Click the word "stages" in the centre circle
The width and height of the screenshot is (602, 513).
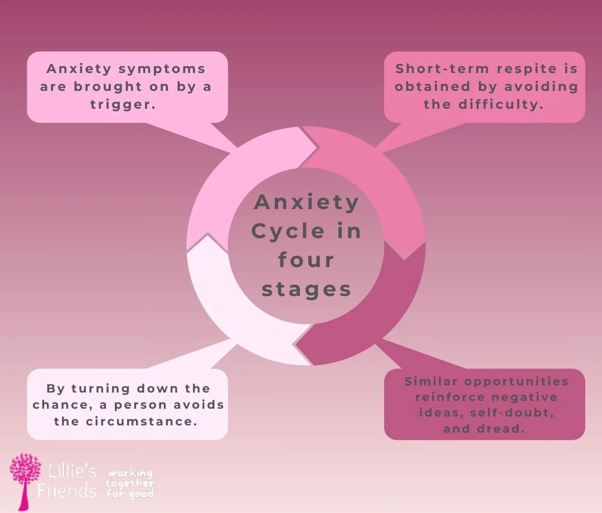tap(306, 289)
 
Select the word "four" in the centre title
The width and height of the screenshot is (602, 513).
tap(306, 260)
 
